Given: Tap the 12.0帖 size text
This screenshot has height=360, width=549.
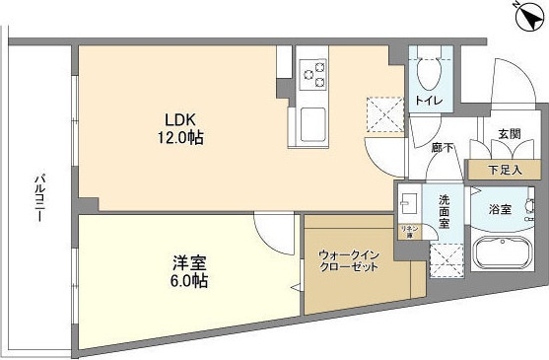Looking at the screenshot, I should tap(183, 138).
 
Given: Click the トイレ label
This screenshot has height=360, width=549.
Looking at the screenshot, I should tap(427, 101).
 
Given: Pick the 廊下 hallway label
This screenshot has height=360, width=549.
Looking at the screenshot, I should tap(442, 147).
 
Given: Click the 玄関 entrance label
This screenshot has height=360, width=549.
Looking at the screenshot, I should tap(509, 135).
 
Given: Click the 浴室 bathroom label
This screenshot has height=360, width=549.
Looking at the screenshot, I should tap(501, 209).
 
